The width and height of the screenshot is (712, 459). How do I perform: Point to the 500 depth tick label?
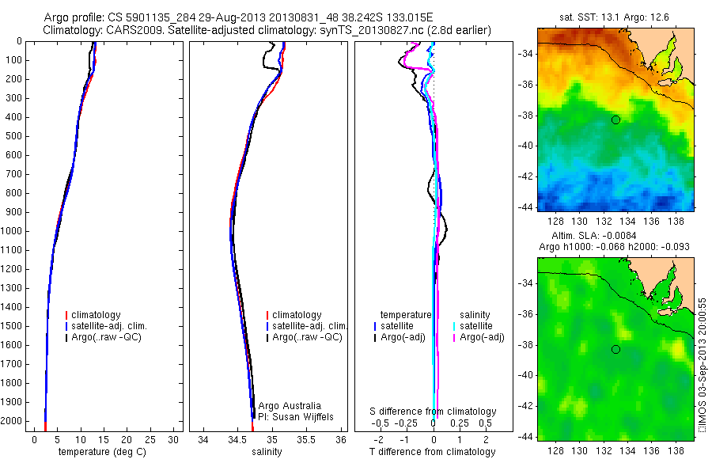click(13, 136)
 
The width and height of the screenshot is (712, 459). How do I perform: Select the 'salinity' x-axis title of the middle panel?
click(266, 452)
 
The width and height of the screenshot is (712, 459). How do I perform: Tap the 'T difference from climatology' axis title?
click(432, 452)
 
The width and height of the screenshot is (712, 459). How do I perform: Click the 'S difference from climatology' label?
click(434, 412)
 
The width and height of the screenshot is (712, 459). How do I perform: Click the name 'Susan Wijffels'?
click(304, 416)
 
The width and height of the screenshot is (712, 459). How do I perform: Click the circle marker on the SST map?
click(615, 119)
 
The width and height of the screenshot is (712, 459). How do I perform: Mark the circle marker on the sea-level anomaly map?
click(615, 350)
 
